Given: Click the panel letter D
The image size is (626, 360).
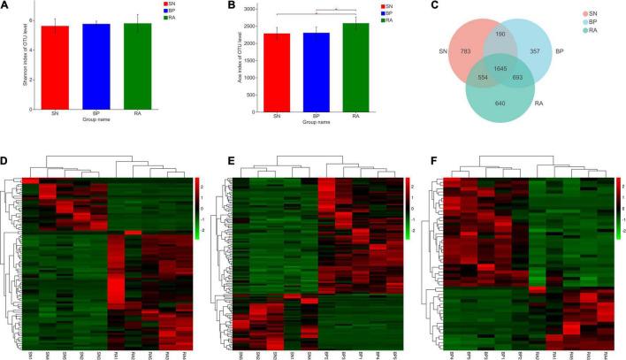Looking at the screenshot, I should pyautogui.click(x=5, y=164).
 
